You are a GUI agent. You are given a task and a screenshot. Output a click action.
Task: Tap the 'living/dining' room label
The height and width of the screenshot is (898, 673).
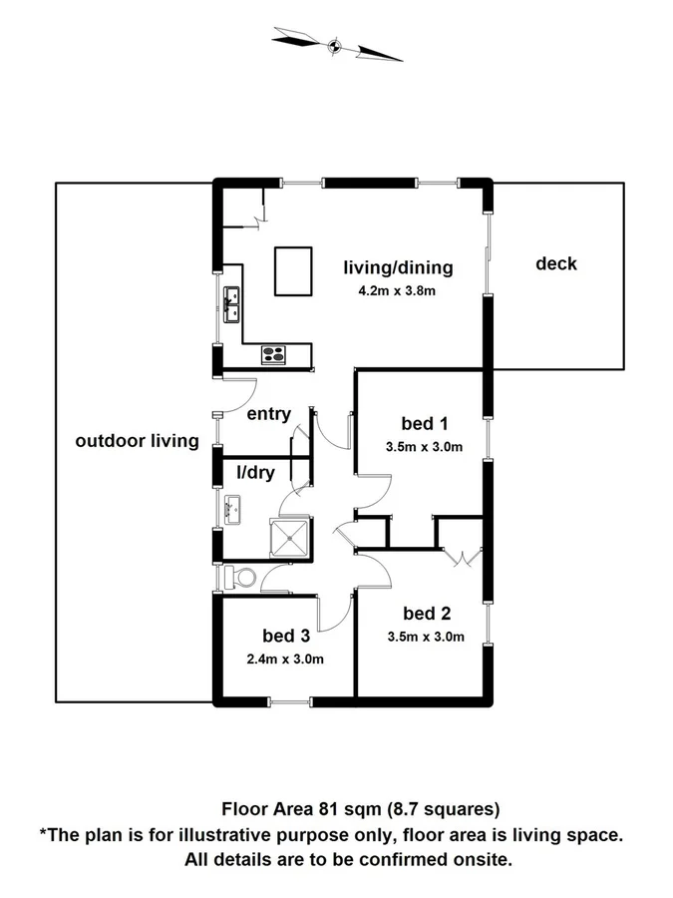(x=398, y=267)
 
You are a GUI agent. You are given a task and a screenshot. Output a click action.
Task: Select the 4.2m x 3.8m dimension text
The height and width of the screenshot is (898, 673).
(x=398, y=291)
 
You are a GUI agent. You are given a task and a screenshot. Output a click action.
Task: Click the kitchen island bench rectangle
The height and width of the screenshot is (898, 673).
(x=293, y=271)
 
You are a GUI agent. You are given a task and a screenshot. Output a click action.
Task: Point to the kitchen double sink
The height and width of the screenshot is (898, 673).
(x=233, y=305)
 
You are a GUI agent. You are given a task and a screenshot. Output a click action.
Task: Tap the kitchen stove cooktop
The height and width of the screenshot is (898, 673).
(x=274, y=353)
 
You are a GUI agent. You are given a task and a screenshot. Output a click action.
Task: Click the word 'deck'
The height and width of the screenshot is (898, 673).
(x=555, y=263)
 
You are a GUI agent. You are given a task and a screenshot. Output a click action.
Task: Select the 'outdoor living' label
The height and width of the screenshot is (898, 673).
(x=138, y=440)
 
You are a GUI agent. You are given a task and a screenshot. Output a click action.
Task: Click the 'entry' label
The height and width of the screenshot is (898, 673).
(x=268, y=414)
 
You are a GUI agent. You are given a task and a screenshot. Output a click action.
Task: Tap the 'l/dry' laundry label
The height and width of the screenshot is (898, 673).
(x=255, y=472)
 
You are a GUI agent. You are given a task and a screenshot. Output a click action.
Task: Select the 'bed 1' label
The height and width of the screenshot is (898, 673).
(x=424, y=422)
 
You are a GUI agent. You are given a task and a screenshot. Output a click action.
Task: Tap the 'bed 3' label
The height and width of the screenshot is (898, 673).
(x=286, y=636)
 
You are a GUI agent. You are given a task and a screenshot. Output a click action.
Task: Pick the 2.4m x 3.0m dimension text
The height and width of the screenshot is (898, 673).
(x=286, y=659)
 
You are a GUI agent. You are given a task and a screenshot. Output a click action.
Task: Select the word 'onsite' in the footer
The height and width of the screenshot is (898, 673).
(x=482, y=858)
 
